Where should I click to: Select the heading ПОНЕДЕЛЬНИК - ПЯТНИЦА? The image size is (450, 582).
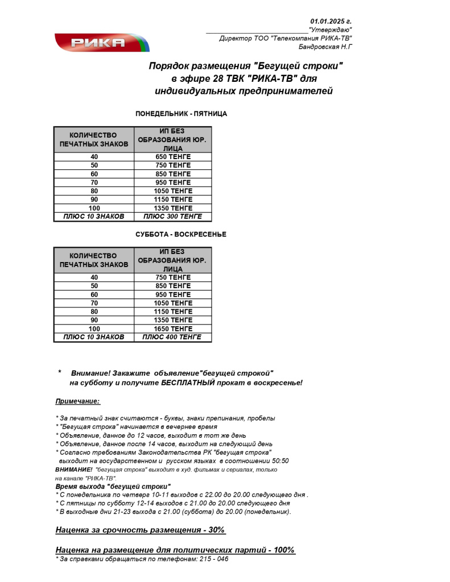pos(181,114)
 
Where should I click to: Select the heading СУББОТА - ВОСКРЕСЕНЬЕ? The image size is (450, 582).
pos(181,234)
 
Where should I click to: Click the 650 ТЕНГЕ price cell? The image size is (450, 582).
pos(173,156)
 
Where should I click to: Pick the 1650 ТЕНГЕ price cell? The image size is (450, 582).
pos(173,329)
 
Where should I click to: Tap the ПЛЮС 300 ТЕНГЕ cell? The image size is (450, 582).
pos(173,217)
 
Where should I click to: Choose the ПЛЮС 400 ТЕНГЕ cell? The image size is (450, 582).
pos(173,337)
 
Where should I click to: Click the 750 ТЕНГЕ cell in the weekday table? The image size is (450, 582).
pos(173,165)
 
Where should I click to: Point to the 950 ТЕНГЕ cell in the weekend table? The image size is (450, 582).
pos(173,294)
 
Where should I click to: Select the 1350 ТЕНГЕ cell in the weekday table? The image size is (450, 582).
pos(173,208)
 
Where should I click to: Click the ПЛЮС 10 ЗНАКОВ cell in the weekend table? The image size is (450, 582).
pos(94,337)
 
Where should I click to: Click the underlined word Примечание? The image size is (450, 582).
pos(77,401)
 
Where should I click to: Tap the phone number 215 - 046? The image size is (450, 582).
pos(215,559)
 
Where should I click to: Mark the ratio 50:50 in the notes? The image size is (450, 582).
pos(278,461)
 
